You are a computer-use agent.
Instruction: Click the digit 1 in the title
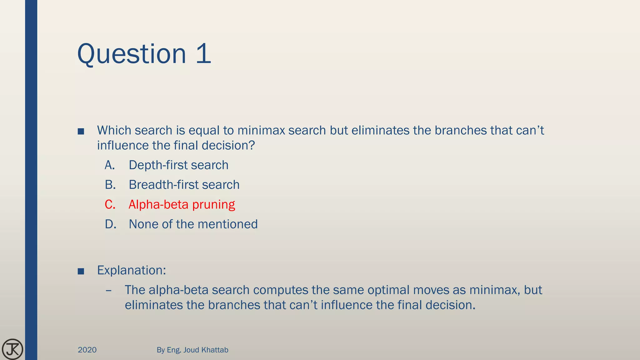coord(203,54)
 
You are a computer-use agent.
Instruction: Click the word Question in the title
coord(132,54)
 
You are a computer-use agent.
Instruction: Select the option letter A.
coord(110,165)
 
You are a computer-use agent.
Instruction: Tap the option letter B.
coord(110,185)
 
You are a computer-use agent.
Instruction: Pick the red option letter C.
coord(110,204)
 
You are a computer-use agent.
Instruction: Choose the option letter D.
coord(110,224)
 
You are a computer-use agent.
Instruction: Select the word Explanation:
coord(132,270)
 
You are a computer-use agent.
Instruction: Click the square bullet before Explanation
coord(81,271)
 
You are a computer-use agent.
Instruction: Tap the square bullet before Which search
coord(81,131)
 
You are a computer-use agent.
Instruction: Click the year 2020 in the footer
coord(87,350)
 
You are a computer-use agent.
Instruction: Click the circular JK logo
coord(12,349)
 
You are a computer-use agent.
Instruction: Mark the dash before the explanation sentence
coord(109,291)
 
